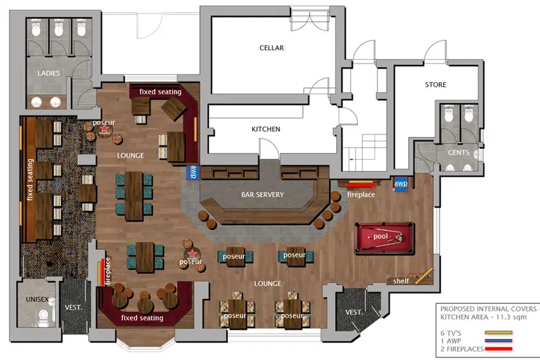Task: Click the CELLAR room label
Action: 272,48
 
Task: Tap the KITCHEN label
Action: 266,129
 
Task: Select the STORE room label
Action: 436,85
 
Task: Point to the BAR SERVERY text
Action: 262,194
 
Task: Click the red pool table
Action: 385,238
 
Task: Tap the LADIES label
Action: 48,73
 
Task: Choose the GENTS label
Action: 458,153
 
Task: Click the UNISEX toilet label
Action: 37,299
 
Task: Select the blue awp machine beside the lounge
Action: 193,172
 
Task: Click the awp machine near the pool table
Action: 401,184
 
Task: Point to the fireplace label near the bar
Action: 361,194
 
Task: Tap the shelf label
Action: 401,281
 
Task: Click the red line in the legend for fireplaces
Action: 499,349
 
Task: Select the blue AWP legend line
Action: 499,341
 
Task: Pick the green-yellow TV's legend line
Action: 499,333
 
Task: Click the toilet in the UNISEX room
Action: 43,317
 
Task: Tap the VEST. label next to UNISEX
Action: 73,307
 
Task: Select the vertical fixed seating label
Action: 31,180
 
